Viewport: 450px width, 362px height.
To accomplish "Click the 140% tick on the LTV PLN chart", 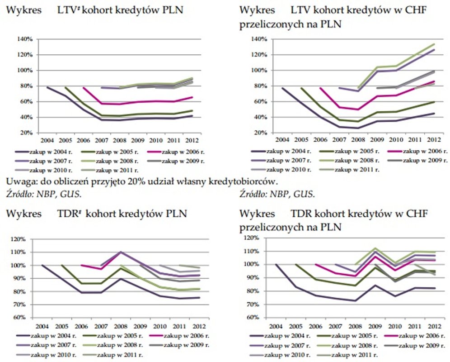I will click(25, 39).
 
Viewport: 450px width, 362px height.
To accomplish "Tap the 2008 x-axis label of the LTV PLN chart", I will click(120, 140).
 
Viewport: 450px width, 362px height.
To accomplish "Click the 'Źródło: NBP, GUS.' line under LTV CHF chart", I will click(277, 194).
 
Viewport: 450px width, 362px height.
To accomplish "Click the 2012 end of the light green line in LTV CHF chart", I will click(434, 44).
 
